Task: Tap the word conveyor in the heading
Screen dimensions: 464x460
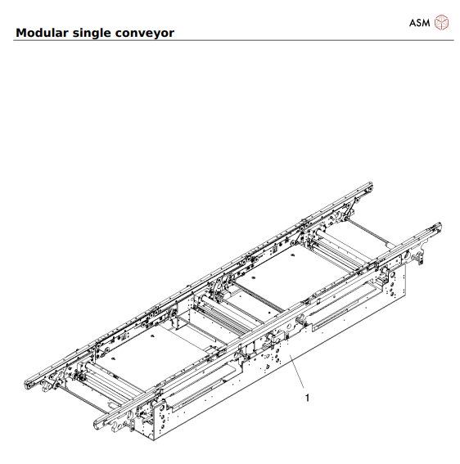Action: tap(149, 34)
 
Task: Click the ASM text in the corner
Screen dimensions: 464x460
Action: tap(419, 22)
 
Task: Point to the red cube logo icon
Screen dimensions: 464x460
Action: tap(442, 21)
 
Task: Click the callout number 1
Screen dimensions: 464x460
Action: tap(307, 399)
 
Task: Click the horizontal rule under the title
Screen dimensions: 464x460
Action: tap(229, 40)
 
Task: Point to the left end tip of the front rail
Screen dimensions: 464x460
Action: tap(97, 423)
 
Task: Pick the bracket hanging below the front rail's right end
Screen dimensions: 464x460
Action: tap(420, 258)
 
